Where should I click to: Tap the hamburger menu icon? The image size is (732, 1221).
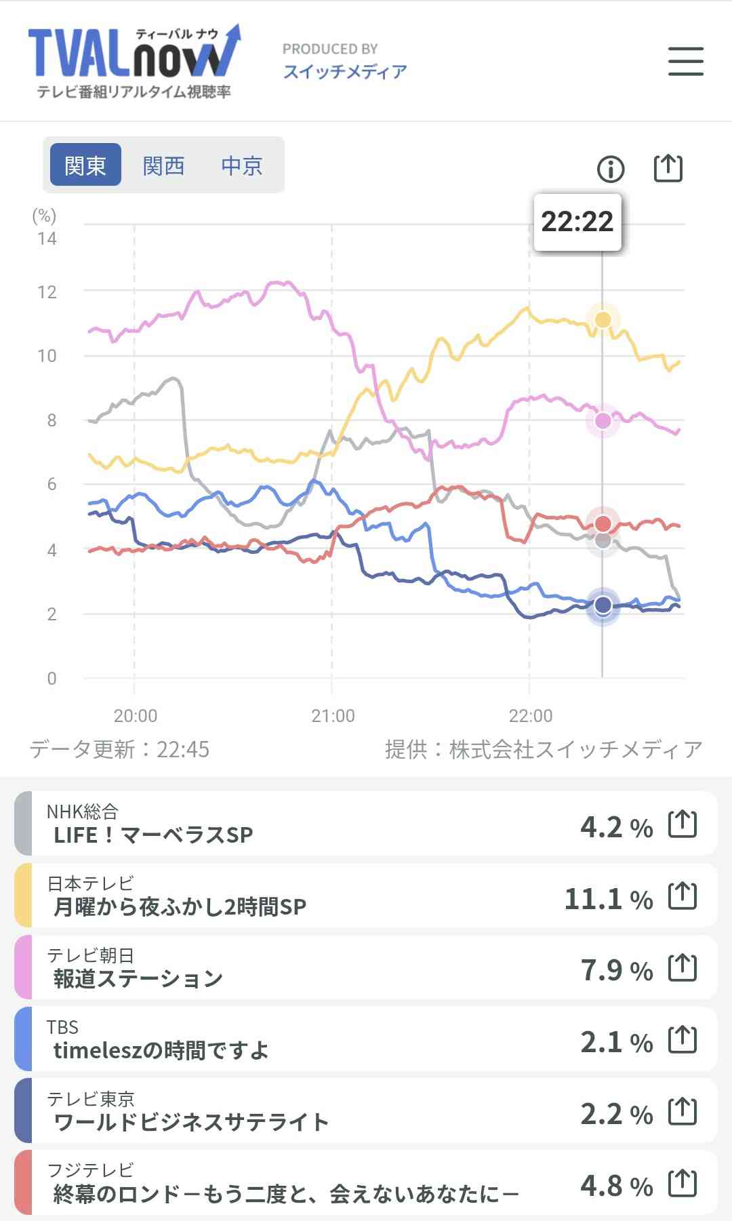click(x=685, y=61)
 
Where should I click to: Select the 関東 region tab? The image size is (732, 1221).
click(x=85, y=165)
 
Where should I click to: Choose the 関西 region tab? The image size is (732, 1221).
click(x=163, y=165)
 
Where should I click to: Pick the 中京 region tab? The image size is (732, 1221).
click(x=241, y=165)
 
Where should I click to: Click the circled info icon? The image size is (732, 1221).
click(x=611, y=169)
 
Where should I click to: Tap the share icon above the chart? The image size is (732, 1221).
click(x=668, y=168)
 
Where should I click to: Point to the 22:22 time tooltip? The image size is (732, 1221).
click(x=577, y=222)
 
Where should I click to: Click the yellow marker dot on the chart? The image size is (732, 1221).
click(x=603, y=319)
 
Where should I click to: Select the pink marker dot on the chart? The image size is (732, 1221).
click(x=603, y=420)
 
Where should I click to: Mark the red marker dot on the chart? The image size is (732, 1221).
click(x=603, y=523)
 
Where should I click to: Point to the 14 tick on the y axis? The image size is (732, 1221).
click(x=47, y=239)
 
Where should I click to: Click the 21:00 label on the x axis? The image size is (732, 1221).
click(x=333, y=716)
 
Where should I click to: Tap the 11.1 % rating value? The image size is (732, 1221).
click(x=608, y=899)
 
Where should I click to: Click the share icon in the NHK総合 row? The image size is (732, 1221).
click(x=683, y=824)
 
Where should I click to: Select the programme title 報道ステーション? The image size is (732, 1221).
click(x=138, y=978)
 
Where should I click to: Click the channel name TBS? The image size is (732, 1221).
click(x=62, y=1027)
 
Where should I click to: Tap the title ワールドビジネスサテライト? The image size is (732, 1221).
click(x=191, y=1122)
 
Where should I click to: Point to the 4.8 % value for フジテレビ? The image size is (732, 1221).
click(x=616, y=1186)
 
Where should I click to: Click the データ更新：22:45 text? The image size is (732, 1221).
click(x=119, y=749)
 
